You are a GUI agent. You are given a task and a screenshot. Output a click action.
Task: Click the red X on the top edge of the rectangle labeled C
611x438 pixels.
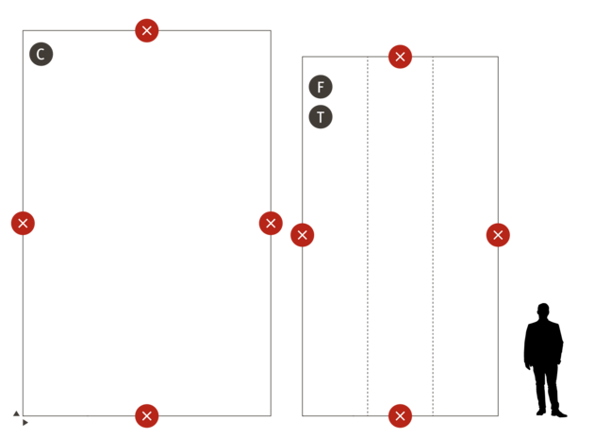(146, 30)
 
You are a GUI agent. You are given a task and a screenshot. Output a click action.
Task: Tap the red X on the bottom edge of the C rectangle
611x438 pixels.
(146, 415)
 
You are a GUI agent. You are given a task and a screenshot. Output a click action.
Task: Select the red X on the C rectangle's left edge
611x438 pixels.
(23, 223)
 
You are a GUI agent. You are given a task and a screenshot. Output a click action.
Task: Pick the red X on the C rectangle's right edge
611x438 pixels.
(271, 223)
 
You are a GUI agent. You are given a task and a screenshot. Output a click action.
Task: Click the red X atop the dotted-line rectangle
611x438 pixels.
(400, 57)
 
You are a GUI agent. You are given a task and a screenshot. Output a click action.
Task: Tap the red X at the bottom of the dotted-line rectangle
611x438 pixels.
(400, 415)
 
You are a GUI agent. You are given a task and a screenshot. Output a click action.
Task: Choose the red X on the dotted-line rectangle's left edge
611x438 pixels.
(302, 235)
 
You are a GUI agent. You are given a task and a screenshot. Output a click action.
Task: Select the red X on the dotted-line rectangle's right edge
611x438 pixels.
(498, 235)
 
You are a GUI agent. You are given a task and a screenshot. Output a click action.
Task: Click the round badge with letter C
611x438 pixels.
(41, 54)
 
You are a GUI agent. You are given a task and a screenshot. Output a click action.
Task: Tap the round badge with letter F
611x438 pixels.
(321, 87)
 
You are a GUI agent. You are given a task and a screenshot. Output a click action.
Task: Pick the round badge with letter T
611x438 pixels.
(321, 117)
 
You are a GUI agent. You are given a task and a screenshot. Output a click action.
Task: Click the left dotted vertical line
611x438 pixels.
(368, 236)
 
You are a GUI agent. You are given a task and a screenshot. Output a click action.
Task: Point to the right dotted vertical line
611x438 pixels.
(433, 236)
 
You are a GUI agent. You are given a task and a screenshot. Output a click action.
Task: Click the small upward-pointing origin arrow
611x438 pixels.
(16, 413)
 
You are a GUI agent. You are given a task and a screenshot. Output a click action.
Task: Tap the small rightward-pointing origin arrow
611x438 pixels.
(25, 422)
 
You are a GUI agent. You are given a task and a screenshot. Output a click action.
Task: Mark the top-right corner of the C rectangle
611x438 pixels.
(272, 30)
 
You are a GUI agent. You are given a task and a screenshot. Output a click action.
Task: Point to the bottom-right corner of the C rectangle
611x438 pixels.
(272, 415)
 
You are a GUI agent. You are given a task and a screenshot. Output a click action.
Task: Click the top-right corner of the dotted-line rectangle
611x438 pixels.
(498, 57)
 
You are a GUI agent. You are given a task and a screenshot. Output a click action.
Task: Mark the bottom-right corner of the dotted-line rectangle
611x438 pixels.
(498, 415)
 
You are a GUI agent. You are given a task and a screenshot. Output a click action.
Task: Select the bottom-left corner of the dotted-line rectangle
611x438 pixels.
(302, 415)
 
